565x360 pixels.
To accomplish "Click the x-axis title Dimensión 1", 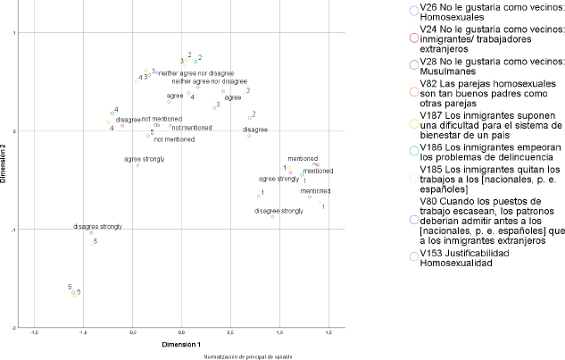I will pos(182,343).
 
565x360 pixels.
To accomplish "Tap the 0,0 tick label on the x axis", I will pos(182,332).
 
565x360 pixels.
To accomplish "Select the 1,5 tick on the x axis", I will pos(329,332).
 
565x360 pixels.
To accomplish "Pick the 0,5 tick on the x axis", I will pos(231,332).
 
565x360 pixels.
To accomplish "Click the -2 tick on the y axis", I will pos(13,328).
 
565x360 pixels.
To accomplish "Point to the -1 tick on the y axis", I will pos(13,230).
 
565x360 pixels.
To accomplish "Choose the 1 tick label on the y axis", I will pos(14,33).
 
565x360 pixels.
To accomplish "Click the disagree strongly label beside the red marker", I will pos(278,211).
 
